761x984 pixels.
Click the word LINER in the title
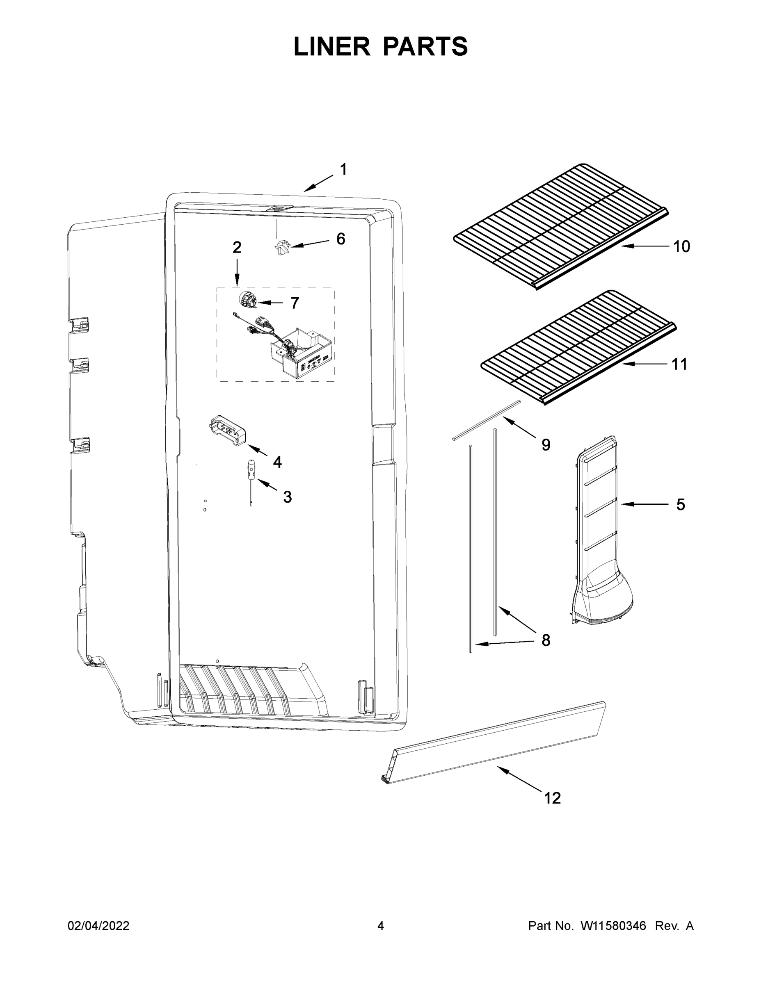pos(331,47)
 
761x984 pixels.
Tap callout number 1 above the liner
pos(343,169)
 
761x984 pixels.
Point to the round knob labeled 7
pos(247,299)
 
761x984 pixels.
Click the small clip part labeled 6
pos(281,247)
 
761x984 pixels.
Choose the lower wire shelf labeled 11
pos(577,347)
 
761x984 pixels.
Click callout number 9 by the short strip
pos(546,445)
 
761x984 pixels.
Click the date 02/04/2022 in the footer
pos(98,926)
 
